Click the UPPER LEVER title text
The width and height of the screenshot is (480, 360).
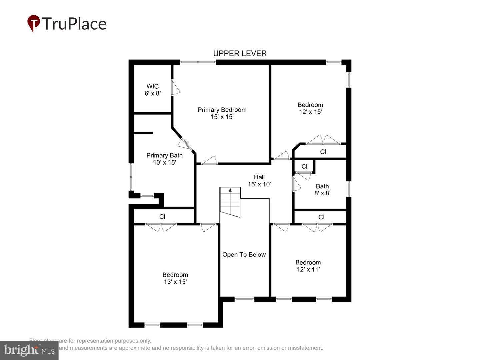coord(240,53)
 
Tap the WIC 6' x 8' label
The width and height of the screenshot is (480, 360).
coord(153,90)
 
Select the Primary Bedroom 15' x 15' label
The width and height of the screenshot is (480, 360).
coord(222,113)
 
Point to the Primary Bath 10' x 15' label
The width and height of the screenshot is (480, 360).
coord(164,159)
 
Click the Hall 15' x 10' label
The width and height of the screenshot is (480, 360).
coord(259,181)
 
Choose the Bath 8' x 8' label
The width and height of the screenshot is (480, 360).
coord(322,190)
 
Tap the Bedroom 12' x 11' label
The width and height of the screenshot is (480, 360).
coord(308,266)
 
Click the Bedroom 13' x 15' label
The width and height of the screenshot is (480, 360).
coord(175,278)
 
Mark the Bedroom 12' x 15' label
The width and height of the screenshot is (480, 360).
coord(310,108)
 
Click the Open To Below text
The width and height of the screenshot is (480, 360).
coord(244,255)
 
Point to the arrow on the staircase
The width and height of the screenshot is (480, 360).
coord(230,190)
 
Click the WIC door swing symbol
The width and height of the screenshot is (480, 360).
coord(176,88)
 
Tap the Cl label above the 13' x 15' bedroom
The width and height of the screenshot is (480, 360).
coord(162,217)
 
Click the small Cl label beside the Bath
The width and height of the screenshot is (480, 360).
coord(304,167)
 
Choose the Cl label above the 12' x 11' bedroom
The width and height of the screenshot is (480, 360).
coord(321,217)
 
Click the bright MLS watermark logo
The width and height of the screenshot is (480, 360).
coord(29,350)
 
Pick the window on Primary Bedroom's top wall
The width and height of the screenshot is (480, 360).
coord(198,62)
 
